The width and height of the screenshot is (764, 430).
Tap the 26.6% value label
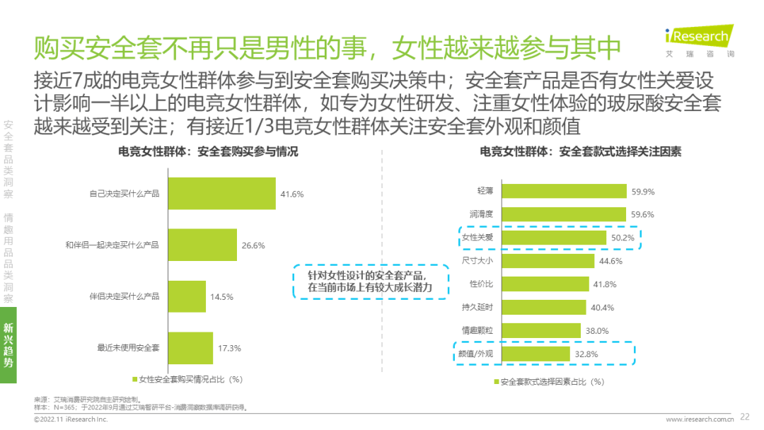253,245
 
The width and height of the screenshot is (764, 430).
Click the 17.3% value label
230,348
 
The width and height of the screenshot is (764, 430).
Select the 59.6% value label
643,214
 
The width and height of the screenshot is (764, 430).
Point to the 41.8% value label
606,284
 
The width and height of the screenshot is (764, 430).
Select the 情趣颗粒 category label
475,330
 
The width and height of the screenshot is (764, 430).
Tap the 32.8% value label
586,354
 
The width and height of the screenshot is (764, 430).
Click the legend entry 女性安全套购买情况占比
187,379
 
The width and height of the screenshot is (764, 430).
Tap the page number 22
744,417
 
